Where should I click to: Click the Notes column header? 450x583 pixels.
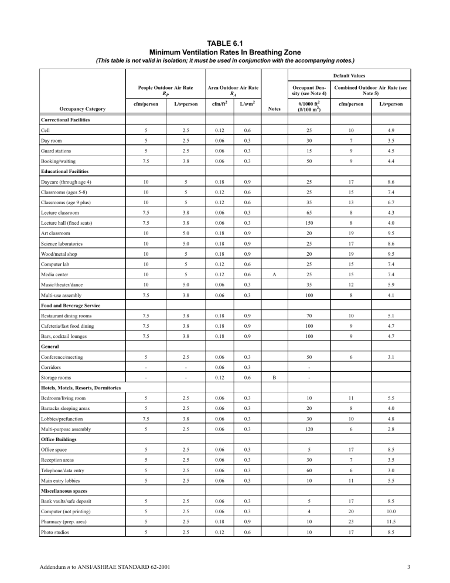[x=275, y=109]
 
